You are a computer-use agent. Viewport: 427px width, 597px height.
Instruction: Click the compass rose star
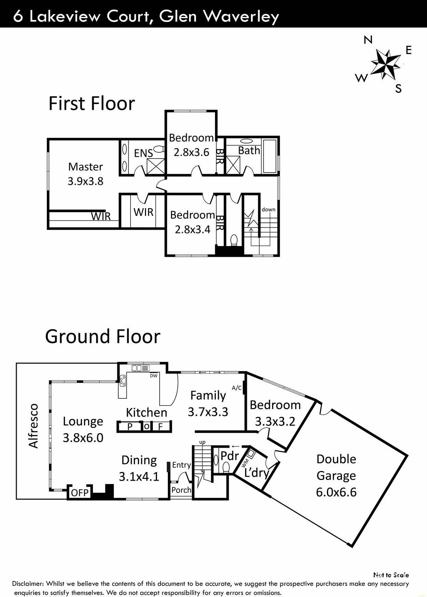(x=386, y=63)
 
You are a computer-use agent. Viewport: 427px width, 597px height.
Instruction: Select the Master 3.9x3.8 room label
(x=85, y=174)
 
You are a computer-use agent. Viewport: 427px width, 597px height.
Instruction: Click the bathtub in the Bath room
(x=269, y=156)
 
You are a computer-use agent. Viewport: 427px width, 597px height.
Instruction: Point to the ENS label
(x=143, y=153)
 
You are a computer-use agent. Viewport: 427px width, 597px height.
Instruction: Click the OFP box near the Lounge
(x=80, y=493)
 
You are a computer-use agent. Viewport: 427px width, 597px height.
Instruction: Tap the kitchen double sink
(x=141, y=368)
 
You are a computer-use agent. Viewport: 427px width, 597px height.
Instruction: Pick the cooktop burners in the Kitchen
(x=122, y=381)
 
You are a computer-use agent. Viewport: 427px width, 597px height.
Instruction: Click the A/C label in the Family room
(x=237, y=388)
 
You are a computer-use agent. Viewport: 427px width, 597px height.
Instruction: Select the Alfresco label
(x=33, y=426)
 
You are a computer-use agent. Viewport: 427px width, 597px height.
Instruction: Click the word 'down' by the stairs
(x=268, y=209)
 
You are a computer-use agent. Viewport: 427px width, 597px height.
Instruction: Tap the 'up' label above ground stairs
(x=202, y=442)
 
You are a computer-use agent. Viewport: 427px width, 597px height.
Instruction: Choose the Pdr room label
(x=229, y=456)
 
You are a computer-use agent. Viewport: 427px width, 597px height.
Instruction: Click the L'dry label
(x=256, y=473)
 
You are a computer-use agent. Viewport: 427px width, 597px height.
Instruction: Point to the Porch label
(x=181, y=490)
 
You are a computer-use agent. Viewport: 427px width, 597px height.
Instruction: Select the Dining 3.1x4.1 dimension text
(x=139, y=477)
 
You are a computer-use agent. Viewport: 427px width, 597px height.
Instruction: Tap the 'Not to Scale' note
(x=391, y=575)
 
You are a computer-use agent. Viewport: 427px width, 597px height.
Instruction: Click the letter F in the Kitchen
(x=160, y=427)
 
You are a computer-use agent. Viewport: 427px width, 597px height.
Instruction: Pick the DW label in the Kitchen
(x=154, y=376)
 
